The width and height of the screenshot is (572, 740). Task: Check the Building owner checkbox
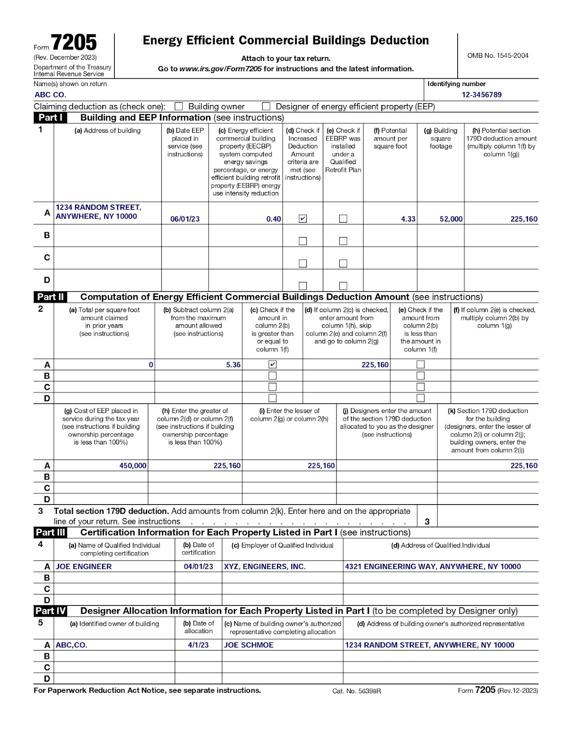coord(179,106)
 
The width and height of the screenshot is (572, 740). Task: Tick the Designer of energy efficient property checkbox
coord(266,106)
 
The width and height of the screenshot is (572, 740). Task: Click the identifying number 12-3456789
coord(481,95)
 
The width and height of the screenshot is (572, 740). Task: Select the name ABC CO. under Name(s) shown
coord(50,95)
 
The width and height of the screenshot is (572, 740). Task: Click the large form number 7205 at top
coord(74,43)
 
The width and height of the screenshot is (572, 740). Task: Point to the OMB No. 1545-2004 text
coord(497,55)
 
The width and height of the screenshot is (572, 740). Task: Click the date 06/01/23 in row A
coord(185,219)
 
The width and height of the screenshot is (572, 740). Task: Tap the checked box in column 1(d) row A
coord(303,218)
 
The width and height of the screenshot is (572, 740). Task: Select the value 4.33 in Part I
coord(408,219)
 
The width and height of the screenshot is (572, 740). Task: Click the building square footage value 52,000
coord(451,219)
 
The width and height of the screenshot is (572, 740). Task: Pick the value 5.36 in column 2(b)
coord(233,365)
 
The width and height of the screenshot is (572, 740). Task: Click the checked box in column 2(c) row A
coord(273,364)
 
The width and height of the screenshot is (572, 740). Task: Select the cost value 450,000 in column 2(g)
coord(133,466)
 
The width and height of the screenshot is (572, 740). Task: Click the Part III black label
coord(50,532)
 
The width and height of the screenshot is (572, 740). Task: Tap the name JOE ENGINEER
coord(84,567)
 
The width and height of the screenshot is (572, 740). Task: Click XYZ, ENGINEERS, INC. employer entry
coord(265,567)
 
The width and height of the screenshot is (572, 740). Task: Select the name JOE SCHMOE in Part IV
coord(249,645)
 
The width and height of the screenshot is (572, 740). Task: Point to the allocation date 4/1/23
coord(198,645)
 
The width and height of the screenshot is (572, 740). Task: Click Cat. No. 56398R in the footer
coord(356,691)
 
